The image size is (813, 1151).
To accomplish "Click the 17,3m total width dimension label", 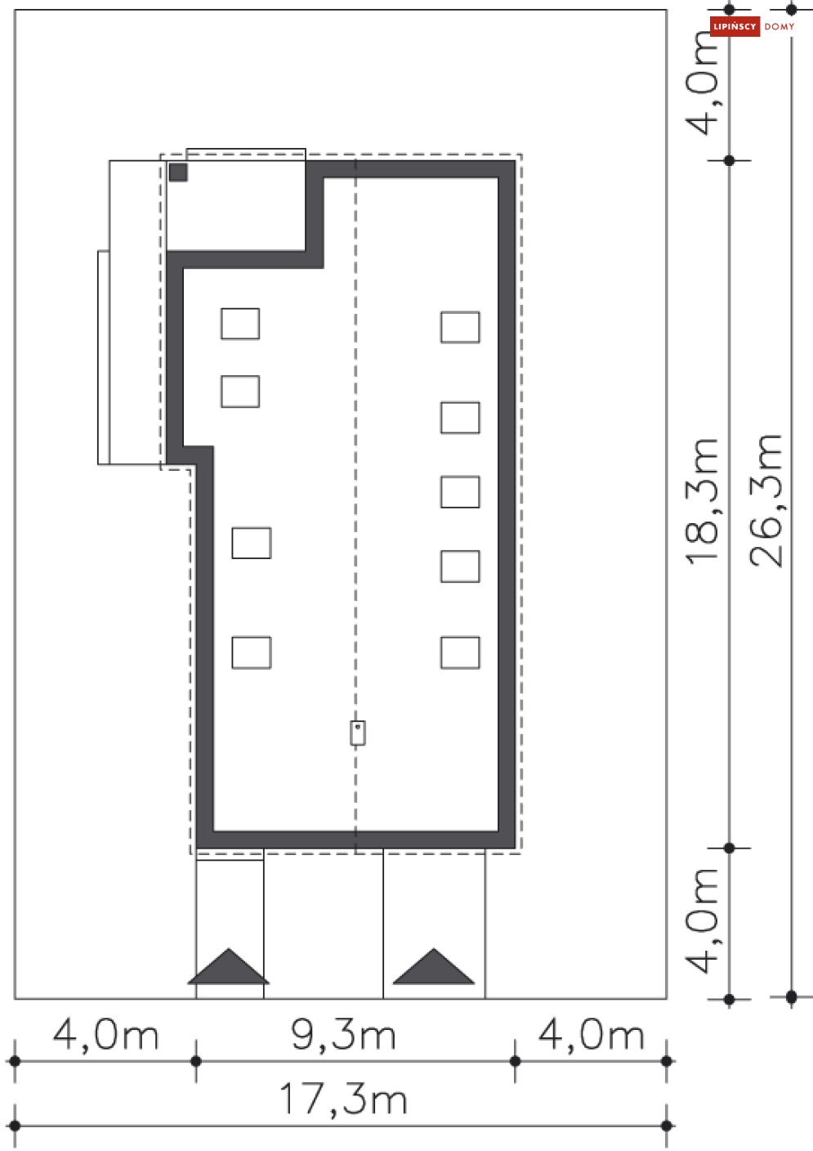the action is (x=344, y=1099).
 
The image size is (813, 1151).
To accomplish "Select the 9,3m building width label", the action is (x=343, y=1035).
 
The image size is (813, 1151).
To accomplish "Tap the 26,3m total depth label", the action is (x=766, y=500).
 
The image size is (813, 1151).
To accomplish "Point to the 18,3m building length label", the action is (x=702, y=501).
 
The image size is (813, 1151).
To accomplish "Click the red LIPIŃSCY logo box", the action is (x=735, y=26).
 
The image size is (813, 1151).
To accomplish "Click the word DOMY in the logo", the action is (x=779, y=27).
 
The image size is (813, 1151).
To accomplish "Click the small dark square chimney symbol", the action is (x=178, y=172).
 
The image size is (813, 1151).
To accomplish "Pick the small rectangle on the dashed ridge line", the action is (x=358, y=732).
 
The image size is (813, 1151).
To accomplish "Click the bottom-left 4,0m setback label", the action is (x=105, y=1035).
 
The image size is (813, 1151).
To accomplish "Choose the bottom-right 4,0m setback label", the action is (x=591, y=1035).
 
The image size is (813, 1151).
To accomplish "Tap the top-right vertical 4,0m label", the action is (x=703, y=83).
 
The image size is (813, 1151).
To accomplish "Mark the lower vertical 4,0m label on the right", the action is (x=703, y=920).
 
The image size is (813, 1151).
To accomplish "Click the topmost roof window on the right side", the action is (x=460, y=327).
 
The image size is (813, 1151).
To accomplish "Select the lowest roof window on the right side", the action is (x=460, y=652).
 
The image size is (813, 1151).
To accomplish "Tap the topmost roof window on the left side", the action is (x=240, y=324).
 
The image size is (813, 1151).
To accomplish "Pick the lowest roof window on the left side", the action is (x=252, y=652).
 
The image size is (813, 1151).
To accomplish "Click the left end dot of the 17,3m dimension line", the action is (x=15, y=1126).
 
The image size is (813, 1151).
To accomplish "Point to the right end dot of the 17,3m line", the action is (x=667, y=1126).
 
